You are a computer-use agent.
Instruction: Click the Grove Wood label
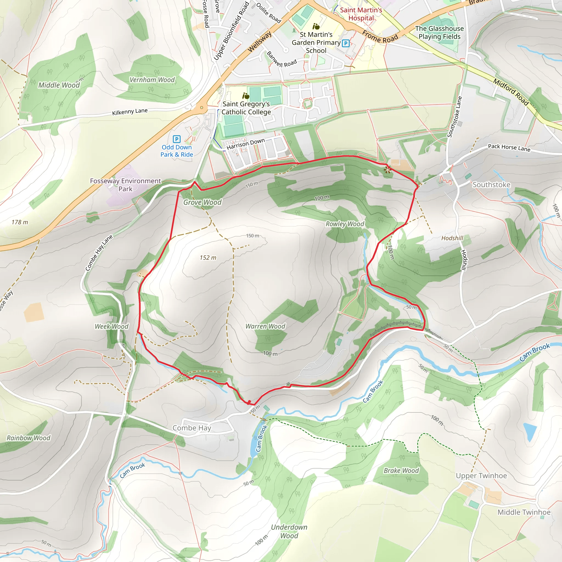click(202, 202)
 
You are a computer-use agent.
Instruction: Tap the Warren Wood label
click(265, 326)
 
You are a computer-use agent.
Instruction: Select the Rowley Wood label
click(345, 224)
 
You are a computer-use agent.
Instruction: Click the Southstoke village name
click(491, 185)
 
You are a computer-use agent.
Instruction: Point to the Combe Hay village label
click(192, 428)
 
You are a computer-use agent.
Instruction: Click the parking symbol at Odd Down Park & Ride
click(176, 139)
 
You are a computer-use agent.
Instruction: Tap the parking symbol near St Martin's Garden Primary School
click(345, 43)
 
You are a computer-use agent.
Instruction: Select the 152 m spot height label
click(208, 258)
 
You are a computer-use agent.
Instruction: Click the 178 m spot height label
click(20, 222)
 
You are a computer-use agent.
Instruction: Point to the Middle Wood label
click(59, 85)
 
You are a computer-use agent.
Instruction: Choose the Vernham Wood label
click(152, 80)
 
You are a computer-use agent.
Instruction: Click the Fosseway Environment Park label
click(125, 185)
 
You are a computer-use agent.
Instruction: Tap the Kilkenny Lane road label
click(130, 112)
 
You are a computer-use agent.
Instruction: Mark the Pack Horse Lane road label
click(509, 148)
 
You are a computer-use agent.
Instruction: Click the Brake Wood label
click(401, 471)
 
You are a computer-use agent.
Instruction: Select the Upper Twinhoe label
click(481, 476)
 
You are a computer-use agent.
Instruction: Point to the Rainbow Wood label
click(29, 438)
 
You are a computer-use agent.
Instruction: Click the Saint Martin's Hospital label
click(361, 14)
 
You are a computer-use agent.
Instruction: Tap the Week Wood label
click(111, 326)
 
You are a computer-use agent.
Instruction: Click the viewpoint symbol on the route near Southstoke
click(387, 170)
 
